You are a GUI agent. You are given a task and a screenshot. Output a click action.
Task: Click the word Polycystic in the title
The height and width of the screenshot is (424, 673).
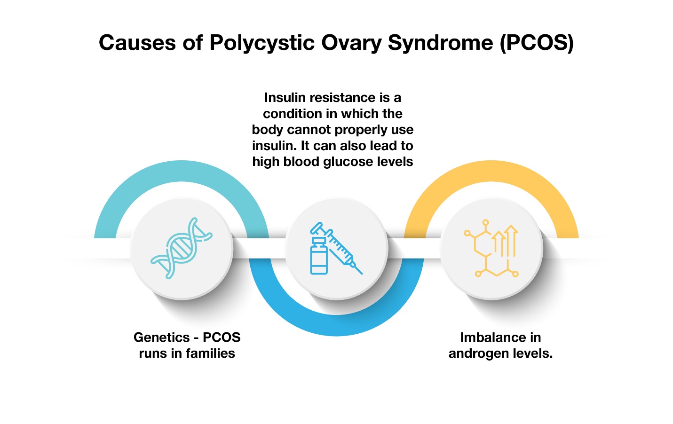pos(262,43)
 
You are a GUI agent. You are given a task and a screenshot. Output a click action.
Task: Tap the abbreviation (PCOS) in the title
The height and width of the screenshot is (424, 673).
pos(537,43)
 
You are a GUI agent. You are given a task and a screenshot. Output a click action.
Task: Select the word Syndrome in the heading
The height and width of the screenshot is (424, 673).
pos(441,43)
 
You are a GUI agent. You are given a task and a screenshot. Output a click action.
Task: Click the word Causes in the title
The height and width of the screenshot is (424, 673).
pos(137,43)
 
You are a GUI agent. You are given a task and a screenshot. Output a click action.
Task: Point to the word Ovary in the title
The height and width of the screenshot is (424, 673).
pos(351,43)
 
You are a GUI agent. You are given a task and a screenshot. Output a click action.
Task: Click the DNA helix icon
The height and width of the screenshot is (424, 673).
pos(182,248)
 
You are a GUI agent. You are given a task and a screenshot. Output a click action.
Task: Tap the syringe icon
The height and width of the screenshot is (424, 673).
pos(337,248)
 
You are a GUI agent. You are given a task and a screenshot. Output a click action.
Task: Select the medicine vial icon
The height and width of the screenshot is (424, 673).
pos(319,256)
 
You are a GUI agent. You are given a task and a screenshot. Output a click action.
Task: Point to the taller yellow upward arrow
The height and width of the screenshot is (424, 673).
pos(511,241)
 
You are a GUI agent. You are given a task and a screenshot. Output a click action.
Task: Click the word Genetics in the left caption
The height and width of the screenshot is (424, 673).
pos(162,338)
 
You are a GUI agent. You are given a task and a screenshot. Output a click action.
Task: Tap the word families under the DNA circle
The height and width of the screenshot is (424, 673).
pos(210,353)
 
